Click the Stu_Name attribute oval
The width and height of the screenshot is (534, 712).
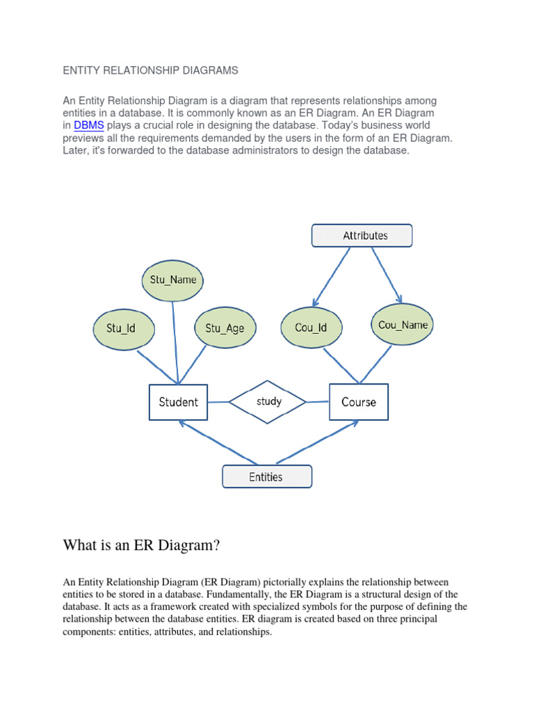click(173, 280)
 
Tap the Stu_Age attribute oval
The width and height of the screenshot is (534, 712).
click(225, 327)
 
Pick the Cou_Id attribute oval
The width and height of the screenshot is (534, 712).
click(310, 327)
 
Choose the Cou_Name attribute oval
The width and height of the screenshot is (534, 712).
click(403, 325)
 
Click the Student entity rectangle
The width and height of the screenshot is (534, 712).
click(178, 402)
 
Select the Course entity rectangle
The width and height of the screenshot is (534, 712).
click(359, 402)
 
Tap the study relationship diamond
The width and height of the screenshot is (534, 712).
click(268, 402)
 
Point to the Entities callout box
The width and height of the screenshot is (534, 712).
click(266, 476)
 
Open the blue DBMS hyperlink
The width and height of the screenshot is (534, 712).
click(89, 126)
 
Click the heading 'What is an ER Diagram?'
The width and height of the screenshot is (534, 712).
click(141, 545)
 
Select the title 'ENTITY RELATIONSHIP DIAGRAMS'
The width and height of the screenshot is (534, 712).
click(151, 70)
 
